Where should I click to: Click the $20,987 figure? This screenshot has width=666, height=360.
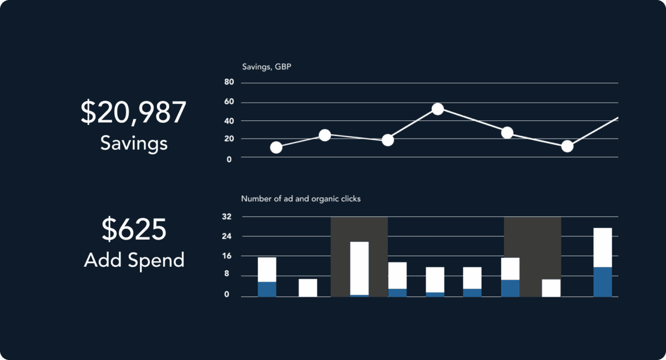click(x=133, y=113)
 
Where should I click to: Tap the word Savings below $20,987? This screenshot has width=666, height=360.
click(x=134, y=143)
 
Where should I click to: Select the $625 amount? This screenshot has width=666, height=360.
click(x=134, y=230)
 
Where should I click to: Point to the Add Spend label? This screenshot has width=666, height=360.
click(x=134, y=260)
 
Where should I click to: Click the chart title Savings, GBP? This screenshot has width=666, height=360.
click(x=266, y=67)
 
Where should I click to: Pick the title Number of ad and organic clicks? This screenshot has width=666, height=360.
click(x=301, y=199)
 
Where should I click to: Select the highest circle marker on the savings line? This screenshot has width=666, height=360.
click(x=437, y=109)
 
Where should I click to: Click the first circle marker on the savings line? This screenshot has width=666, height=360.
click(x=276, y=148)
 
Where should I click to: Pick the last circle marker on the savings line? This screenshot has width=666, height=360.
click(x=567, y=146)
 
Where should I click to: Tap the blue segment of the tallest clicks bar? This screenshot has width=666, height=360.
click(x=602, y=282)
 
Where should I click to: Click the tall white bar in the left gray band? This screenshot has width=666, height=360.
click(x=359, y=268)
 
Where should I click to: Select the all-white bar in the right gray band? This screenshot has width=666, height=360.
click(x=551, y=288)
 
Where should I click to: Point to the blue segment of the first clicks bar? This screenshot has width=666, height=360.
click(x=267, y=289)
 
